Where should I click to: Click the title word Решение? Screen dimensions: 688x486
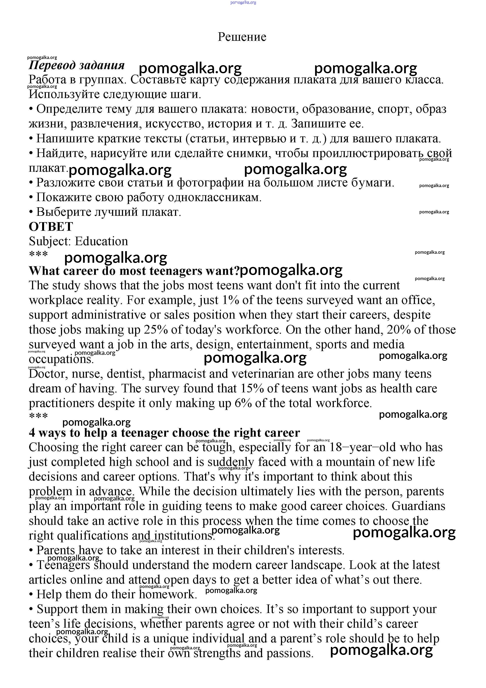coord(242,37)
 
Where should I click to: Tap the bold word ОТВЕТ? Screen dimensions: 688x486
coord(51,227)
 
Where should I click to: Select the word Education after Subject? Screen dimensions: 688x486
coord(101,241)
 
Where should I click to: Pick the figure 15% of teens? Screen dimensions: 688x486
coord(252,388)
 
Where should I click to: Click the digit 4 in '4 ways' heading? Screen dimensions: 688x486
coord(32,433)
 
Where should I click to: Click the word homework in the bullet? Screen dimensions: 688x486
coord(168,594)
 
